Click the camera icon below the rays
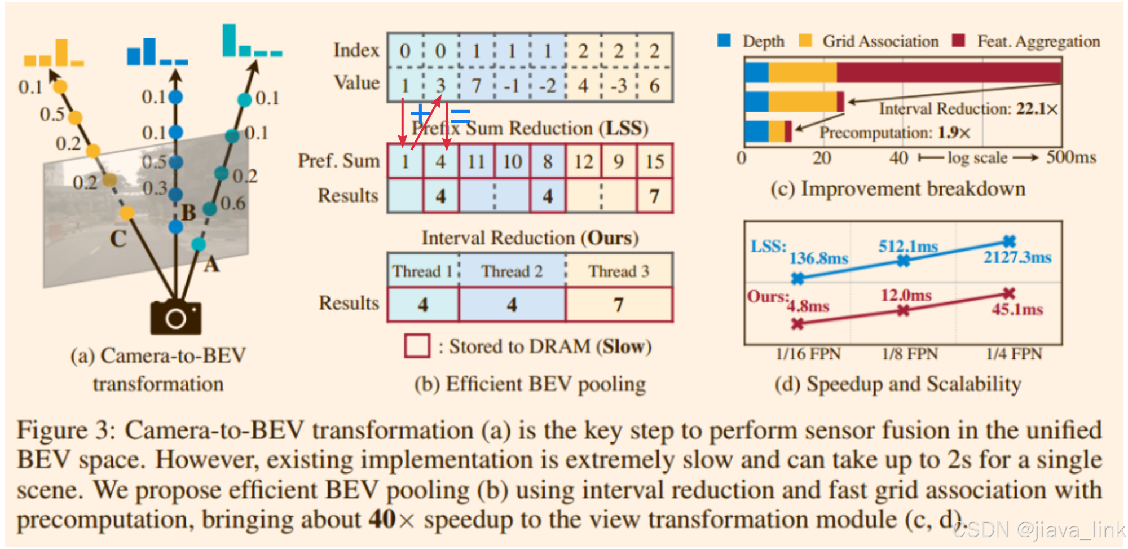pos(175,317)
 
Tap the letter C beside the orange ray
pos(118,239)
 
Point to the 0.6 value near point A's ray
pos(233,203)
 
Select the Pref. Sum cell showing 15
pos(654,162)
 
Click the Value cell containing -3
pos(619,86)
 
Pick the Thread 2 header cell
pos(512,271)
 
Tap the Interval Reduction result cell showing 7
pos(619,305)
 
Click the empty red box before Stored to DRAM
pos(417,346)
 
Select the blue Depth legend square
pos(724,41)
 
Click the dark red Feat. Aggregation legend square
pos(958,41)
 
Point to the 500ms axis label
pos(1071,157)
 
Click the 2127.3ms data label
pos(1017,257)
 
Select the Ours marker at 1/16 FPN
pos(797,324)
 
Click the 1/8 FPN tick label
pos(910,354)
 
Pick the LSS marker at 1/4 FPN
pos(1009,241)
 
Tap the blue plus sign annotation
pos(421,113)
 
